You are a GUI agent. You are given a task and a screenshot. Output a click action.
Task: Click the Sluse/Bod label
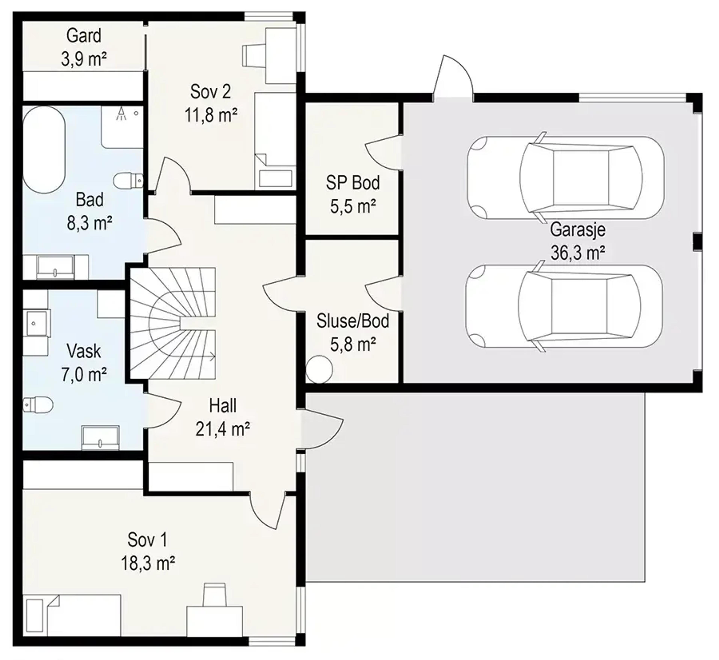tap(353, 321)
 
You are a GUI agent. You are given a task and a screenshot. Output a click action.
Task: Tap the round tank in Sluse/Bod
tap(319, 369)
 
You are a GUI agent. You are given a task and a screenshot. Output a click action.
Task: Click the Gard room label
tap(84, 36)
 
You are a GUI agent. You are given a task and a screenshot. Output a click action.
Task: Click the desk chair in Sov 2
tap(254, 55)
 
